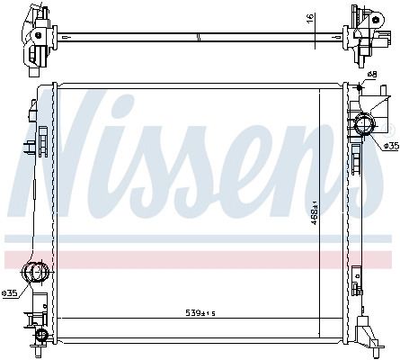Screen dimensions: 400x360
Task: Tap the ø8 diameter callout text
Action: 371,74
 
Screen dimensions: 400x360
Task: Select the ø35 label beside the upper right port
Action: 392,146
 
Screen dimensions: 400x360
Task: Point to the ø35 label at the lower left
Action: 9,293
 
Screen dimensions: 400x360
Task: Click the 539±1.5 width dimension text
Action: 200,313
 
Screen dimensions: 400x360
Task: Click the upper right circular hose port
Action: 365,125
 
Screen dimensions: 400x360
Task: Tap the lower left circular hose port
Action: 36,272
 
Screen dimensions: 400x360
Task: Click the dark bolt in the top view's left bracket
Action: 38,35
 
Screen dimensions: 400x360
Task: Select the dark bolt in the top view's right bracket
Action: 375,20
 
